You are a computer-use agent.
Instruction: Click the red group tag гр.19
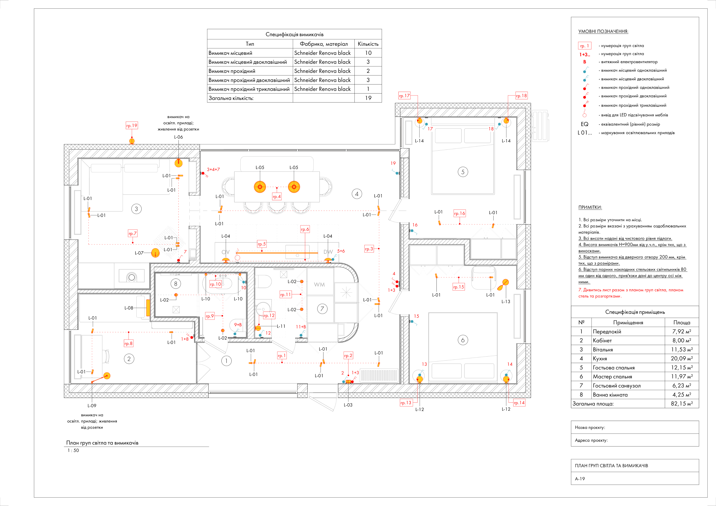coord(132,126)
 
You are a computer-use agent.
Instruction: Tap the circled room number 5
coord(463,172)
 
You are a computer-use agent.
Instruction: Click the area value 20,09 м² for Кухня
coord(682,359)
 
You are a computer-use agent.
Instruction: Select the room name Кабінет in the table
coord(602,341)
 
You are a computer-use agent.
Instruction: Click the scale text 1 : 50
coord(73,450)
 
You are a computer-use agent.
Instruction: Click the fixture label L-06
coord(178,137)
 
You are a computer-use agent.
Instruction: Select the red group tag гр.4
coord(277,197)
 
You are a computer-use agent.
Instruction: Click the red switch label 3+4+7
coord(213,169)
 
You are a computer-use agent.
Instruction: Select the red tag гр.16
coord(459,213)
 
